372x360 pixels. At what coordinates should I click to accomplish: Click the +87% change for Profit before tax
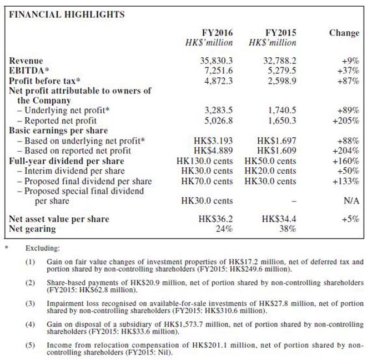(349, 81)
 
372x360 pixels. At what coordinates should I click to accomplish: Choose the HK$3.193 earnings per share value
(212, 141)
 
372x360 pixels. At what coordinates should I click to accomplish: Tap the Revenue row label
(26, 61)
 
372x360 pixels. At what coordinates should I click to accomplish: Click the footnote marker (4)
(29, 324)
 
